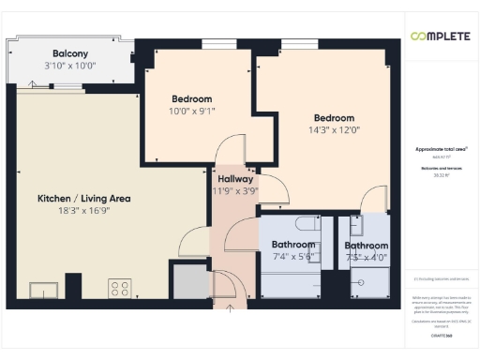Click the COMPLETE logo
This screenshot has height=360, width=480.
tap(440, 36)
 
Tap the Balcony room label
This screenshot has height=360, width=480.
tap(70, 53)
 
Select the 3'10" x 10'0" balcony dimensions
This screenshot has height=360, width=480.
tap(70, 66)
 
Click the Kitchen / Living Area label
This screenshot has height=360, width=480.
tap(83, 199)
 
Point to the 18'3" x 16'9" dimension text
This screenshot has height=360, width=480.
tap(83, 211)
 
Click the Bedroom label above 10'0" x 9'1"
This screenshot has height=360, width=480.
tap(191, 98)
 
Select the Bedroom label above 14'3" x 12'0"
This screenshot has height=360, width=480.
tap(334, 117)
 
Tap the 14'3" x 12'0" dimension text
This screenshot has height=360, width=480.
tap(334, 129)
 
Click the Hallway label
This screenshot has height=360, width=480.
tap(234, 178)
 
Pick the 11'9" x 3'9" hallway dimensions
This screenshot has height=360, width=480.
tap(234, 190)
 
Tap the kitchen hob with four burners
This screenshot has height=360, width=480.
tap(119, 287)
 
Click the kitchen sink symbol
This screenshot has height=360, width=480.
tap(43, 288)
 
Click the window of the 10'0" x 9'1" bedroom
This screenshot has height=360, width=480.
tap(213, 43)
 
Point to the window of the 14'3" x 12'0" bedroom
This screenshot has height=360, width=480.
tap(299, 43)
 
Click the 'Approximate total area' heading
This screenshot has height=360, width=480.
tap(440, 149)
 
